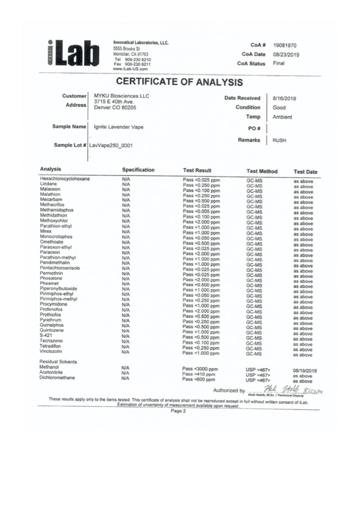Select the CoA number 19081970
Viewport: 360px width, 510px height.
[284, 45]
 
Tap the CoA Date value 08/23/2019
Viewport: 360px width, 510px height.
[286, 55]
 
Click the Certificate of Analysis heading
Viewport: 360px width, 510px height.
[179, 82]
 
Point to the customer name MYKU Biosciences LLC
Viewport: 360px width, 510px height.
[121, 96]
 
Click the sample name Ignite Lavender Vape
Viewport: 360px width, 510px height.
[119, 127]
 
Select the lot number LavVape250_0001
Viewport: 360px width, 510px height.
[111, 145]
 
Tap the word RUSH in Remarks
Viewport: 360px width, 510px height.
[279, 140]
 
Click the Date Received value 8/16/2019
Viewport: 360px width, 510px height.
[284, 99]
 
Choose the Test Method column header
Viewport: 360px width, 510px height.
[262, 171]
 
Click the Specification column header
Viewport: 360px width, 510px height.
[138, 170]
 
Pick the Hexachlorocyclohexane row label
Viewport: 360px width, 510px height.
[65, 179]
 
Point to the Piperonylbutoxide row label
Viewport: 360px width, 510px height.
[58, 288]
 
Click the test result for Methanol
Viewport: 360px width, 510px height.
[200, 369]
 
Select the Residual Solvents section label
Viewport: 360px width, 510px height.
[58, 362]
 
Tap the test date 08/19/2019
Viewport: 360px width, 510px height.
[305, 371]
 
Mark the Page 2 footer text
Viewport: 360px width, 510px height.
[178, 411]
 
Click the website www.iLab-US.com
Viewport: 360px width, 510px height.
[130, 69]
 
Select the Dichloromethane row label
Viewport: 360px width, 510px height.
[57, 378]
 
